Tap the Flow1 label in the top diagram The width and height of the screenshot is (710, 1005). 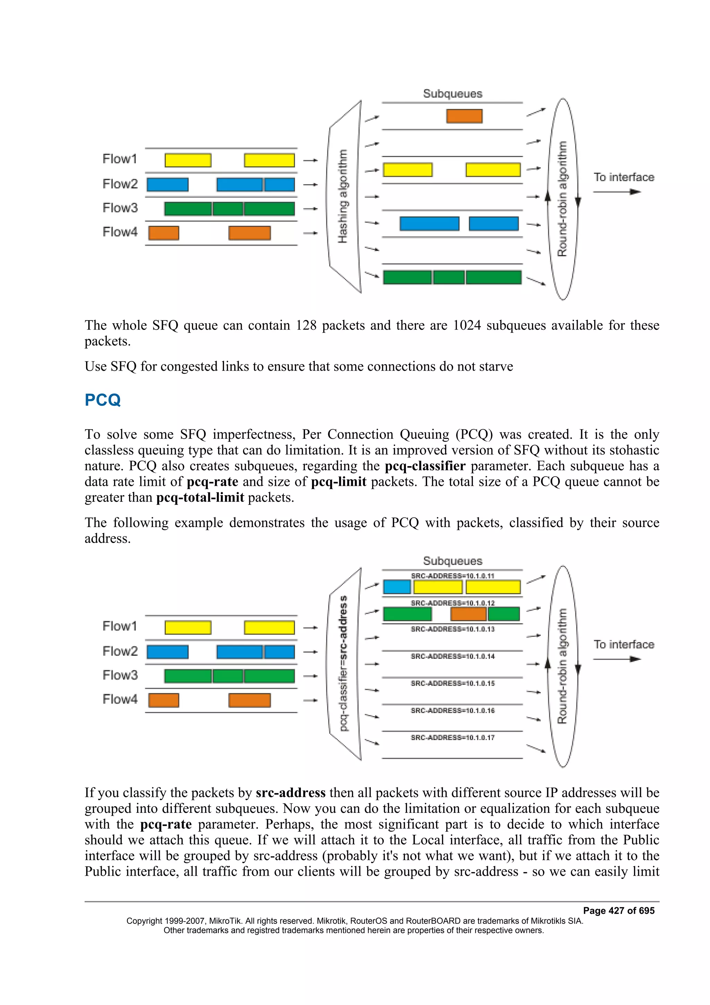pyautogui.click(x=119, y=159)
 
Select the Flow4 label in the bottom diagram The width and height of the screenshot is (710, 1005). pyautogui.click(x=119, y=699)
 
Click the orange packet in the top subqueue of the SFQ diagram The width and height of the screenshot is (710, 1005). pyautogui.click(x=464, y=116)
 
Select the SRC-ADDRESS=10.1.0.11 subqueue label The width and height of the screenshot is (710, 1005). pyautogui.click(x=452, y=576)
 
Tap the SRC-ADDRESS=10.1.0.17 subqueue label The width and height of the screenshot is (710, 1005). pyautogui.click(x=452, y=738)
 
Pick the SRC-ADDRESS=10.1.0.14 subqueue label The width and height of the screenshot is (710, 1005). pyautogui.click(x=452, y=656)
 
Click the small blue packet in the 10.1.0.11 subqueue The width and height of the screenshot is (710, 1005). pyautogui.click(x=397, y=587)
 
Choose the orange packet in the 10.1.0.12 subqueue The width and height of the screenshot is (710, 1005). pyautogui.click(x=468, y=614)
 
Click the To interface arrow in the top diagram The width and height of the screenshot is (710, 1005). pyautogui.click(x=617, y=192)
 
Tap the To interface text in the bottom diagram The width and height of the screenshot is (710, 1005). pyautogui.click(x=624, y=644)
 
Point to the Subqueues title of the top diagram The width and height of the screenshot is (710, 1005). pyautogui.click(x=452, y=94)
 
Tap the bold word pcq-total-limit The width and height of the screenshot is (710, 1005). pyautogui.click(x=200, y=497)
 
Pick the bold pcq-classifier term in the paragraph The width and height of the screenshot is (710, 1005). pyautogui.click(x=425, y=466)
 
